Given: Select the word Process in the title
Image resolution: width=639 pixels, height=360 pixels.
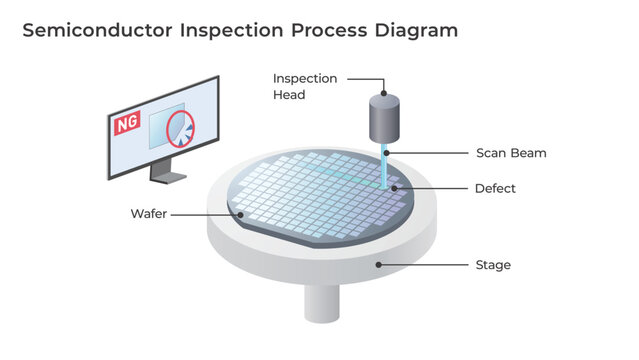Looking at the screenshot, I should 328,30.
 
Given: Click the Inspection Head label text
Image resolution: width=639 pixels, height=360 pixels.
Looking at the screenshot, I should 305,87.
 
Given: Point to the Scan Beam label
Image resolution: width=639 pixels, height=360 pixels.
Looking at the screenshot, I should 510,153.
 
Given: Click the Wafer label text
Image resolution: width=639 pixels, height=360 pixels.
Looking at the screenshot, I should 149,214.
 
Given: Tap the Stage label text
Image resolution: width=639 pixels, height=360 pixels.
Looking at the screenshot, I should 492,265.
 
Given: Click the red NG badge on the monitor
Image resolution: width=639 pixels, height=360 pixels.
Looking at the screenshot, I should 127,124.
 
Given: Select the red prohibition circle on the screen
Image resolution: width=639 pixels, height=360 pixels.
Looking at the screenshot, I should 181,130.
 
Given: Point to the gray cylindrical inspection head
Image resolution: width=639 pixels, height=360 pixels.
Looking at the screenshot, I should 383,119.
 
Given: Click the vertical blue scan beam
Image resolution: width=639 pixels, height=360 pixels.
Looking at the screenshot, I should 385,165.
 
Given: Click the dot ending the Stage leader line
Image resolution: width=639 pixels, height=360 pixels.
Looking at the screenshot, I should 377,264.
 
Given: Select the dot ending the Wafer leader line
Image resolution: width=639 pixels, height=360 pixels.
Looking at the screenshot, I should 241,213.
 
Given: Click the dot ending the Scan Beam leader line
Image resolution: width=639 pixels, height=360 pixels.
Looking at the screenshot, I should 388,153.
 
